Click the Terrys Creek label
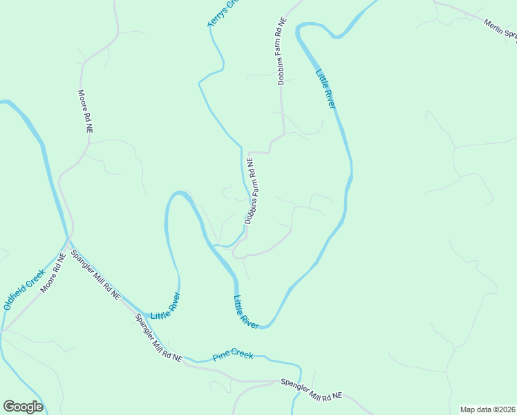coord(223,14)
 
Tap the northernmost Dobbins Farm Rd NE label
coord(281,61)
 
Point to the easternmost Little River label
coord(326,89)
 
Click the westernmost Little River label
coord(165,306)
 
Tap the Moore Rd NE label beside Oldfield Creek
coord(53,272)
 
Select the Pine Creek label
coord(233,356)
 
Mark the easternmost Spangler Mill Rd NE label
coord(311,389)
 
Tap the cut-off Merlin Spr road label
coord(499,33)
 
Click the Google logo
coord(23,407)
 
